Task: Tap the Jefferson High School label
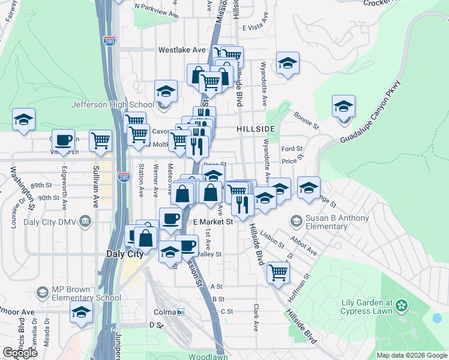113,104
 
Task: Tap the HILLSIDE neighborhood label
256,129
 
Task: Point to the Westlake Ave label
182,50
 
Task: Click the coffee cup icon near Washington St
63,141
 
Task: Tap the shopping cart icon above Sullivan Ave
100,141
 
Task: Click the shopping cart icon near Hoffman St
278,272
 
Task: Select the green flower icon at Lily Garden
402,307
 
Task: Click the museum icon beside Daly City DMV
85,222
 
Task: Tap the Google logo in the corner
20,353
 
